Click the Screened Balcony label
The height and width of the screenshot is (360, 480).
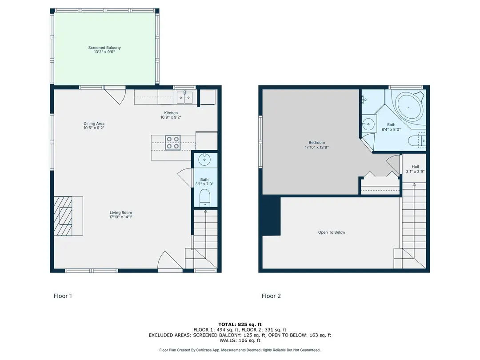click(104, 48)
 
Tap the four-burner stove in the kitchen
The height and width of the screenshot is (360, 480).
click(172, 143)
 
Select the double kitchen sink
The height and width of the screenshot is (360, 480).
click(184, 98)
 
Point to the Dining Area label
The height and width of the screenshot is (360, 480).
click(94, 124)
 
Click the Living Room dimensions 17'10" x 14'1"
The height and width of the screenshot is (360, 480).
click(120, 217)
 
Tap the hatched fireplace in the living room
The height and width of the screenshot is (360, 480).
click(63, 216)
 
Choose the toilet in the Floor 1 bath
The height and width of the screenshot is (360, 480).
click(204, 198)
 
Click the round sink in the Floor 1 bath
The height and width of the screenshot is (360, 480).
click(204, 160)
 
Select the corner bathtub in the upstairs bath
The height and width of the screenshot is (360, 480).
click(409, 107)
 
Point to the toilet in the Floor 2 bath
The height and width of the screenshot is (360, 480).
click(417, 140)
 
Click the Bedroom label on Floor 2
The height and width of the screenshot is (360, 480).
click(316, 143)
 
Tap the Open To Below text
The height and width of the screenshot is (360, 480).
click(332, 232)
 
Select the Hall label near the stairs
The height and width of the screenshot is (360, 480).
click(415, 167)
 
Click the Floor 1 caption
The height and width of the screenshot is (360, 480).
click(63, 296)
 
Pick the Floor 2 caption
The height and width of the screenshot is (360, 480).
click(271, 296)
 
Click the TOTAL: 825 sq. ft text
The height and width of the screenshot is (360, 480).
click(240, 324)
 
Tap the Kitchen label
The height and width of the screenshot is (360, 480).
click(171, 113)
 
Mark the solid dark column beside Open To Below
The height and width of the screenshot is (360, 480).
click(271, 216)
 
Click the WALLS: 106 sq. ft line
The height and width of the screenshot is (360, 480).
click(240, 340)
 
